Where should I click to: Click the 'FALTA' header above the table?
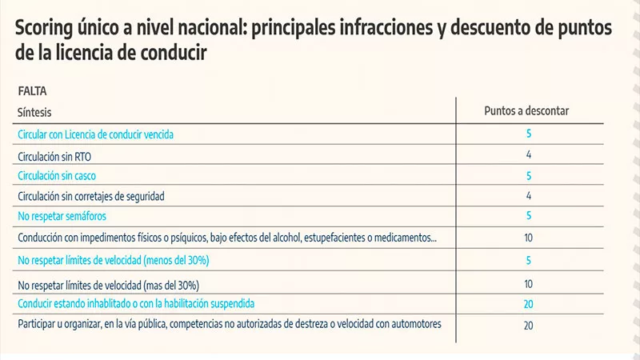tap(32, 92)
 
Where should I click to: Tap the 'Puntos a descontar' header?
tap(526, 111)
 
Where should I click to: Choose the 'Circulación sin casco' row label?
tap(62, 175)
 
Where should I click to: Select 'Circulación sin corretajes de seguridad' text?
tap(95, 195)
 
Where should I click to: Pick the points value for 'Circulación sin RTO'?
tap(529, 154)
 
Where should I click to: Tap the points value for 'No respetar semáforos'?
tap(529, 216)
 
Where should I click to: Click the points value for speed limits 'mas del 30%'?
tap(529, 284)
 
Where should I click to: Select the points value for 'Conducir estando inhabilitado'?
tap(529, 304)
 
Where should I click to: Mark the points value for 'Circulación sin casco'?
tap(529, 175)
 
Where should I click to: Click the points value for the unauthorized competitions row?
tap(529, 325)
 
